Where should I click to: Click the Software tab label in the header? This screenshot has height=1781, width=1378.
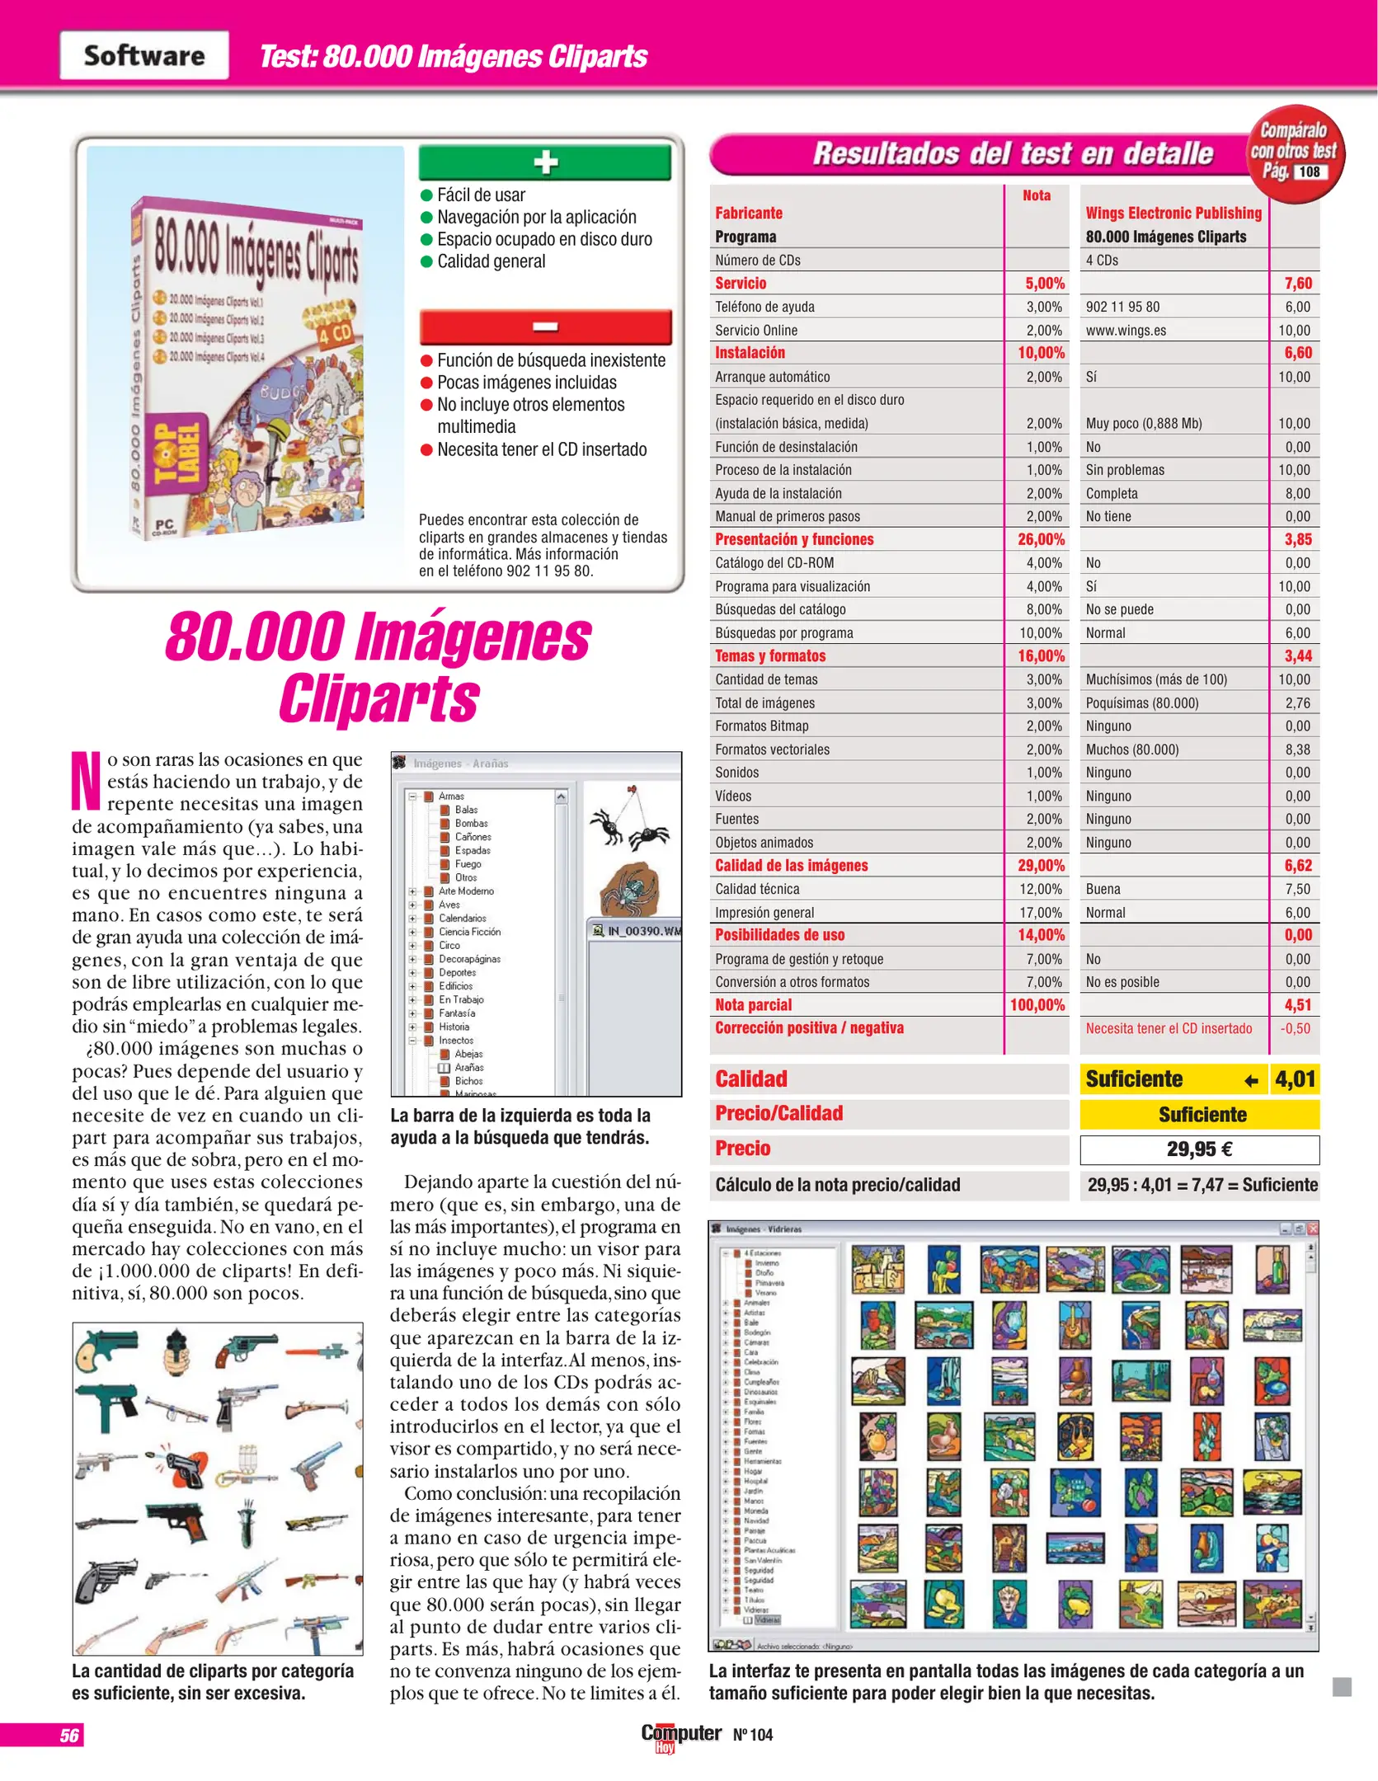point(144,55)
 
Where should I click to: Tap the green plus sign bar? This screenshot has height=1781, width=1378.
point(545,162)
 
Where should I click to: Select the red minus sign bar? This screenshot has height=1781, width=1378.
point(545,327)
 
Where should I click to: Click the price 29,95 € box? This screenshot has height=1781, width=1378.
point(1199,1149)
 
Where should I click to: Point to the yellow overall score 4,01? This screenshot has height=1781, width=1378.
point(1295,1079)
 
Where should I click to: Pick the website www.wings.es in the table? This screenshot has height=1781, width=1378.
point(1126,331)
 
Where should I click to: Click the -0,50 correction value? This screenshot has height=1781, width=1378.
point(1296,1028)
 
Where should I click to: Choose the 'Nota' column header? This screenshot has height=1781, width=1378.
point(1037,195)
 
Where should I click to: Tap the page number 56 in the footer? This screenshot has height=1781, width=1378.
point(69,1736)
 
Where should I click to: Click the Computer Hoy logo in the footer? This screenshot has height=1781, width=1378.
point(680,1735)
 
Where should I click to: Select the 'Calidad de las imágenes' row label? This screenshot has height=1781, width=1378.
point(791,866)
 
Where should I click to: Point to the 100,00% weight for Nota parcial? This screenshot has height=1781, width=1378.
point(1037,1005)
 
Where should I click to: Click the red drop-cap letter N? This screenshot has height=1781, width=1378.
point(87,780)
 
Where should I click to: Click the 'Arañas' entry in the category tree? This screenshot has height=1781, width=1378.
point(468,1067)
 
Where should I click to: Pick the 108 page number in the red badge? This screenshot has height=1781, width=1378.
point(1310,172)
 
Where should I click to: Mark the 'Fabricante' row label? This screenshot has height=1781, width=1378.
point(749,213)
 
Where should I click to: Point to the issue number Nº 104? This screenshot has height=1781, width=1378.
point(753,1735)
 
